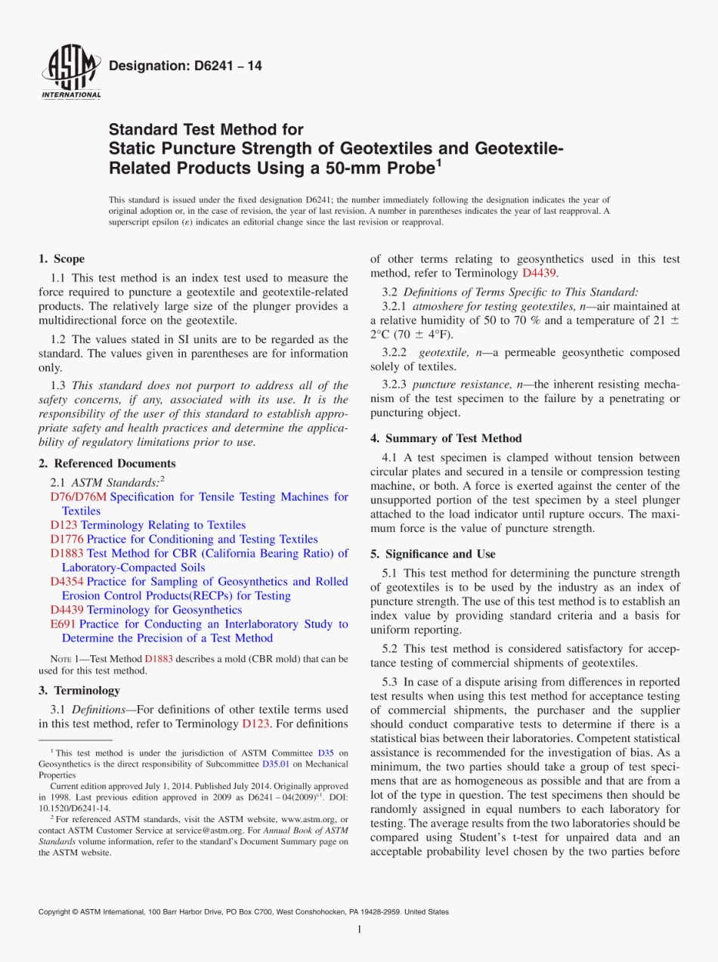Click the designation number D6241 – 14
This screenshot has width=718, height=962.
185,67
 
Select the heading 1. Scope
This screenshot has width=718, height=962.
62,258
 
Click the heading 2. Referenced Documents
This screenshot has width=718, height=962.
107,463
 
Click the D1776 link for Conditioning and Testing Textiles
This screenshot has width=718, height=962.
67,539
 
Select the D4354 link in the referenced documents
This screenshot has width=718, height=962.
67,581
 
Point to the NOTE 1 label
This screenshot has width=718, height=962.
62,659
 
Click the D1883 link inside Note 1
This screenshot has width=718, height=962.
159,659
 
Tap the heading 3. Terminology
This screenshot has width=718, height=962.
79,690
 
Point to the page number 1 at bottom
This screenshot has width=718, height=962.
359,930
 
